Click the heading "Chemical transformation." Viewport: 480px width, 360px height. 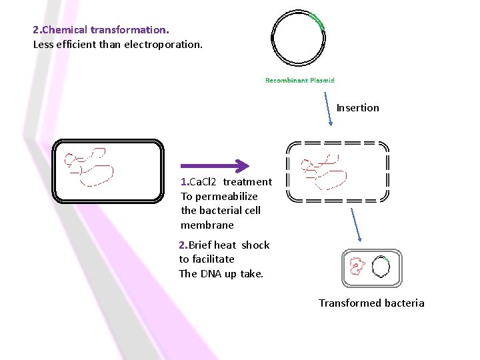[105, 30]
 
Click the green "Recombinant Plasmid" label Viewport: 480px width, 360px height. [300, 80]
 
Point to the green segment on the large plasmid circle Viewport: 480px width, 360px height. [317, 21]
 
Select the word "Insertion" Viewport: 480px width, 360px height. [357, 108]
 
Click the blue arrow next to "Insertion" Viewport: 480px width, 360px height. [328, 109]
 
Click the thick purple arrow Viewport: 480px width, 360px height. [215, 166]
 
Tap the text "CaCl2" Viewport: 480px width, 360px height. [203, 182]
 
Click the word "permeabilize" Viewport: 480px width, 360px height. [227, 197]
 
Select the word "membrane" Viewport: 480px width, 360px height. [207, 225]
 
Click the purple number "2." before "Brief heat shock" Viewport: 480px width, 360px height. [183, 245]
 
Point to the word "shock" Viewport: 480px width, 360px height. [255, 245]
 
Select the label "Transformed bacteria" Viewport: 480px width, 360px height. [371, 303]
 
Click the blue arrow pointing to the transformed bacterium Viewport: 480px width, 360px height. [356, 225]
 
